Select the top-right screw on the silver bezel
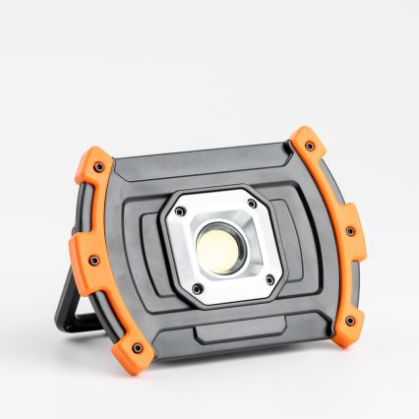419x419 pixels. point(251,204)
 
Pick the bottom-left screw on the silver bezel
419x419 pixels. point(197,288)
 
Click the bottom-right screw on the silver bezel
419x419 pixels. point(269,280)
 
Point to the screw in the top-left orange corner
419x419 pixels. point(98,167)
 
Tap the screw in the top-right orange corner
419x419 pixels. point(311,147)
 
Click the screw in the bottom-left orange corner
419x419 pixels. point(137,347)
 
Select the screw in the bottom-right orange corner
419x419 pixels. point(349,321)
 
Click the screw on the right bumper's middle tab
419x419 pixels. point(349,231)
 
